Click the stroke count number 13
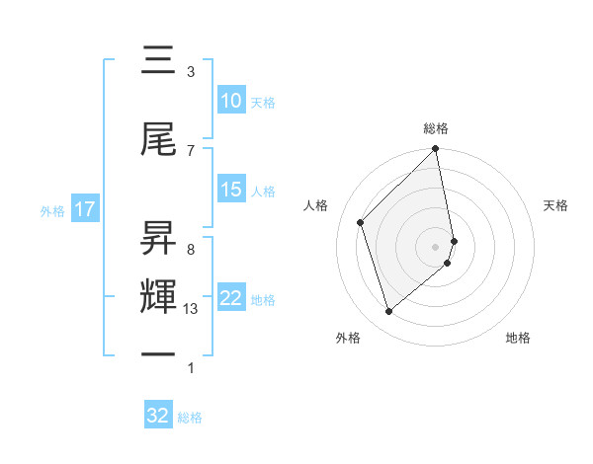[x=192, y=309]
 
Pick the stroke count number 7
[x=191, y=150]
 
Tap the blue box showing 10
[x=231, y=101]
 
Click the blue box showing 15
[x=231, y=190]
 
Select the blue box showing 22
[x=231, y=298]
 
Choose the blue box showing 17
[x=85, y=209]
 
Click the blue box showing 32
[x=158, y=416]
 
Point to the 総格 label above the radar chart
[x=436, y=128]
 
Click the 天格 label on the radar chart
[x=556, y=205]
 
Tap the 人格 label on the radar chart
[x=316, y=205]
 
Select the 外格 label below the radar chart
[x=348, y=339]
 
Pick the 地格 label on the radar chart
[x=518, y=339]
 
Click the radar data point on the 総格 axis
[x=436, y=150]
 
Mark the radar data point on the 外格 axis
[x=388, y=312]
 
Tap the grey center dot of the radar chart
[x=436, y=246]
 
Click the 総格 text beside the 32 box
[x=190, y=418]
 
